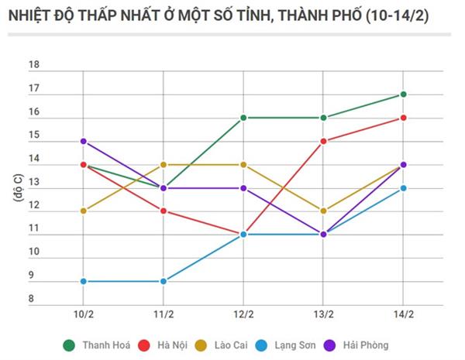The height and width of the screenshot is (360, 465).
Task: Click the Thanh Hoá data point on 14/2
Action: tap(403, 94)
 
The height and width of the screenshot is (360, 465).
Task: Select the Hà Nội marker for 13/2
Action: tap(323, 142)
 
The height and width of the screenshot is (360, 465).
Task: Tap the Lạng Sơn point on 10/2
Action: tap(83, 281)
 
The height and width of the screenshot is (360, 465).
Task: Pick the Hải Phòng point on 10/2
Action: tap(83, 142)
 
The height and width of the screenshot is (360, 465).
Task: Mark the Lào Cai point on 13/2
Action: tap(323, 211)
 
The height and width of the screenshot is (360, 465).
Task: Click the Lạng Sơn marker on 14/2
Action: tap(403, 188)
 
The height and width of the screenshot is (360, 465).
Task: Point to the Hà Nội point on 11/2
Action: tap(163, 211)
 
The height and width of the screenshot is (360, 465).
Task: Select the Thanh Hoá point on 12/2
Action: tap(243, 118)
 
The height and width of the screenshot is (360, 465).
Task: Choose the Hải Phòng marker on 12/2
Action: tap(243, 188)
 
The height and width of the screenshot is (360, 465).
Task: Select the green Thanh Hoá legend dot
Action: tap(69, 345)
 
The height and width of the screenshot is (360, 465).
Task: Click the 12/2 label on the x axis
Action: tap(243, 314)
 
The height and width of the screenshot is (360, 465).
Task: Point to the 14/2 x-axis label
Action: tap(403, 314)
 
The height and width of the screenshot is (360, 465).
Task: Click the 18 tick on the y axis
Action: tap(55, 66)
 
